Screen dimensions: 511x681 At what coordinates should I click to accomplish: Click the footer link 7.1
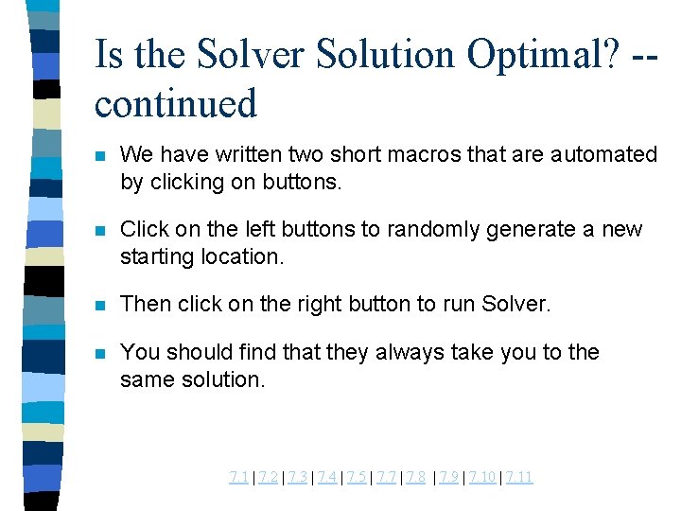pyautogui.click(x=238, y=477)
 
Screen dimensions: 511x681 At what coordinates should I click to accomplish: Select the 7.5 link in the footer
pyautogui.click(x=356, y=477)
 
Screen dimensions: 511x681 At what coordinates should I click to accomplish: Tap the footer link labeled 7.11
pyautogui.click(x=519, y=477)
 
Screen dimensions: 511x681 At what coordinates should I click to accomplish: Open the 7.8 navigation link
pyautogui.click(x=415, y=477)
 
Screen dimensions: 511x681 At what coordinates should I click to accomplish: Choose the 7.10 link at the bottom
pyautogui.click(x=482, y=477)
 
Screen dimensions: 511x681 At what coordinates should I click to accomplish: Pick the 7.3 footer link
pyautogui.click(x=297, y=477)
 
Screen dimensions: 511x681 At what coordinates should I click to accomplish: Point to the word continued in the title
pyautogui.click(x=176, y=102)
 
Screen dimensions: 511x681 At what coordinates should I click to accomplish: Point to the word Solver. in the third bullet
pyautogui.click(x=516, y=305)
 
